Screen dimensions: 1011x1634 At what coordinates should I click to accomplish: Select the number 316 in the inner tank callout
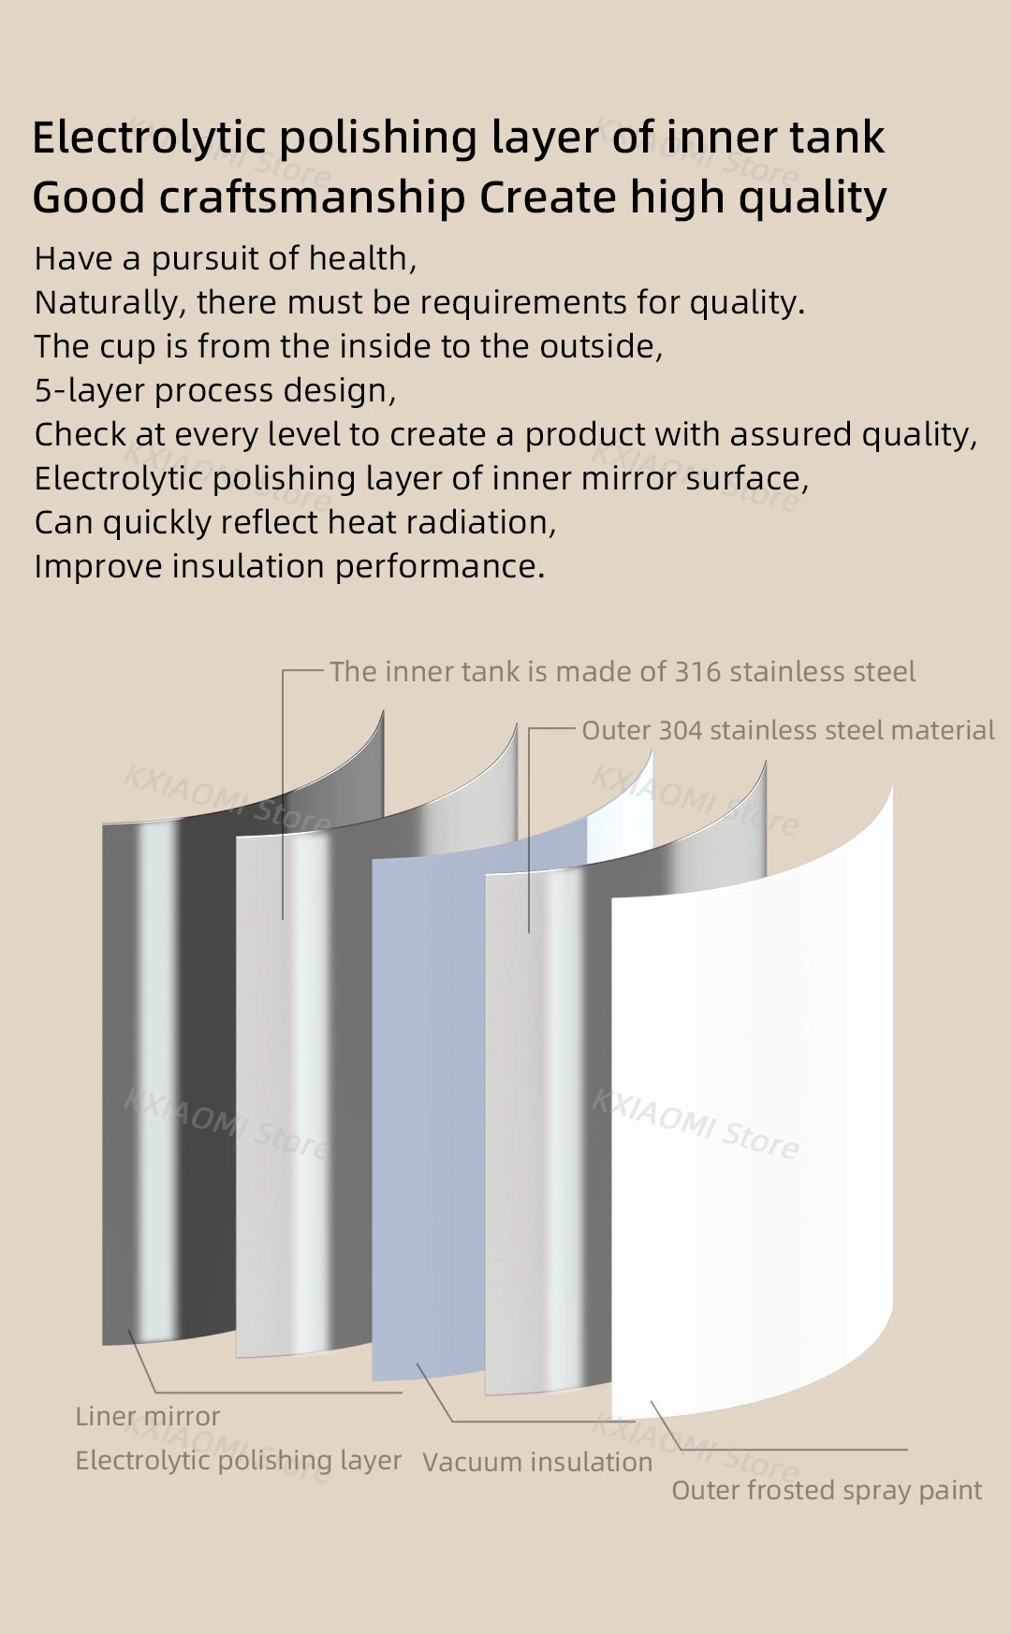coord(697,672)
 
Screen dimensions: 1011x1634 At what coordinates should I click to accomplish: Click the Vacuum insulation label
coord(537,1463)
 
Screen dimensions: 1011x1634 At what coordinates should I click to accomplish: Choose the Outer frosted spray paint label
coord(827,1491)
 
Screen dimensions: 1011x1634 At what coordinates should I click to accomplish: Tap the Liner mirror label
coord(148,1417)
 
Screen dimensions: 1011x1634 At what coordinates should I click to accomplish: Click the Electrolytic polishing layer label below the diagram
coord(238,1461)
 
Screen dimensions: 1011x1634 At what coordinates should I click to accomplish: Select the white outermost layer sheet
coord(749,1123)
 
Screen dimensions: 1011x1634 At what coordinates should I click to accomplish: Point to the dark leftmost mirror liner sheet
coord(168,1076)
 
